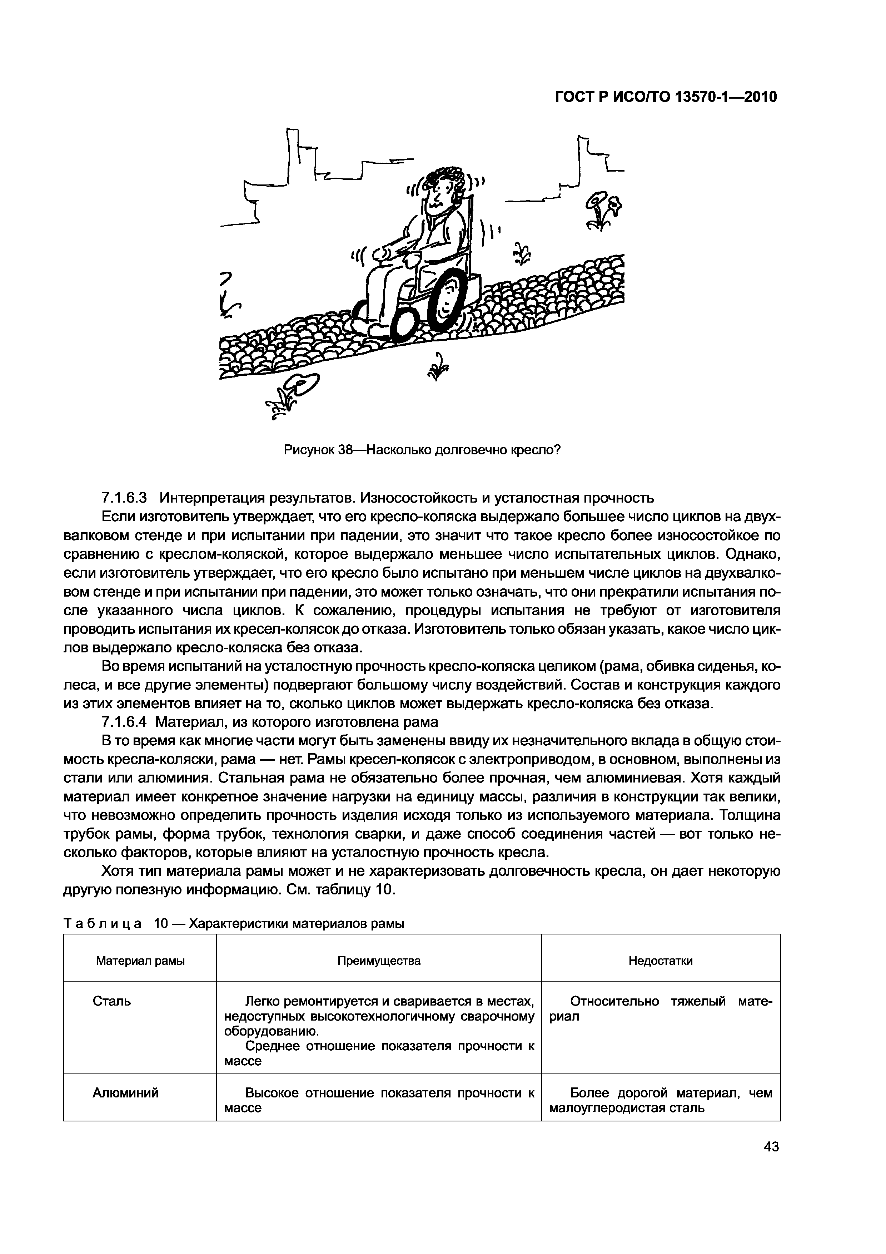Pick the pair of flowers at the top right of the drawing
(605, 209)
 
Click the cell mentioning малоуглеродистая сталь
(661, 1100)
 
